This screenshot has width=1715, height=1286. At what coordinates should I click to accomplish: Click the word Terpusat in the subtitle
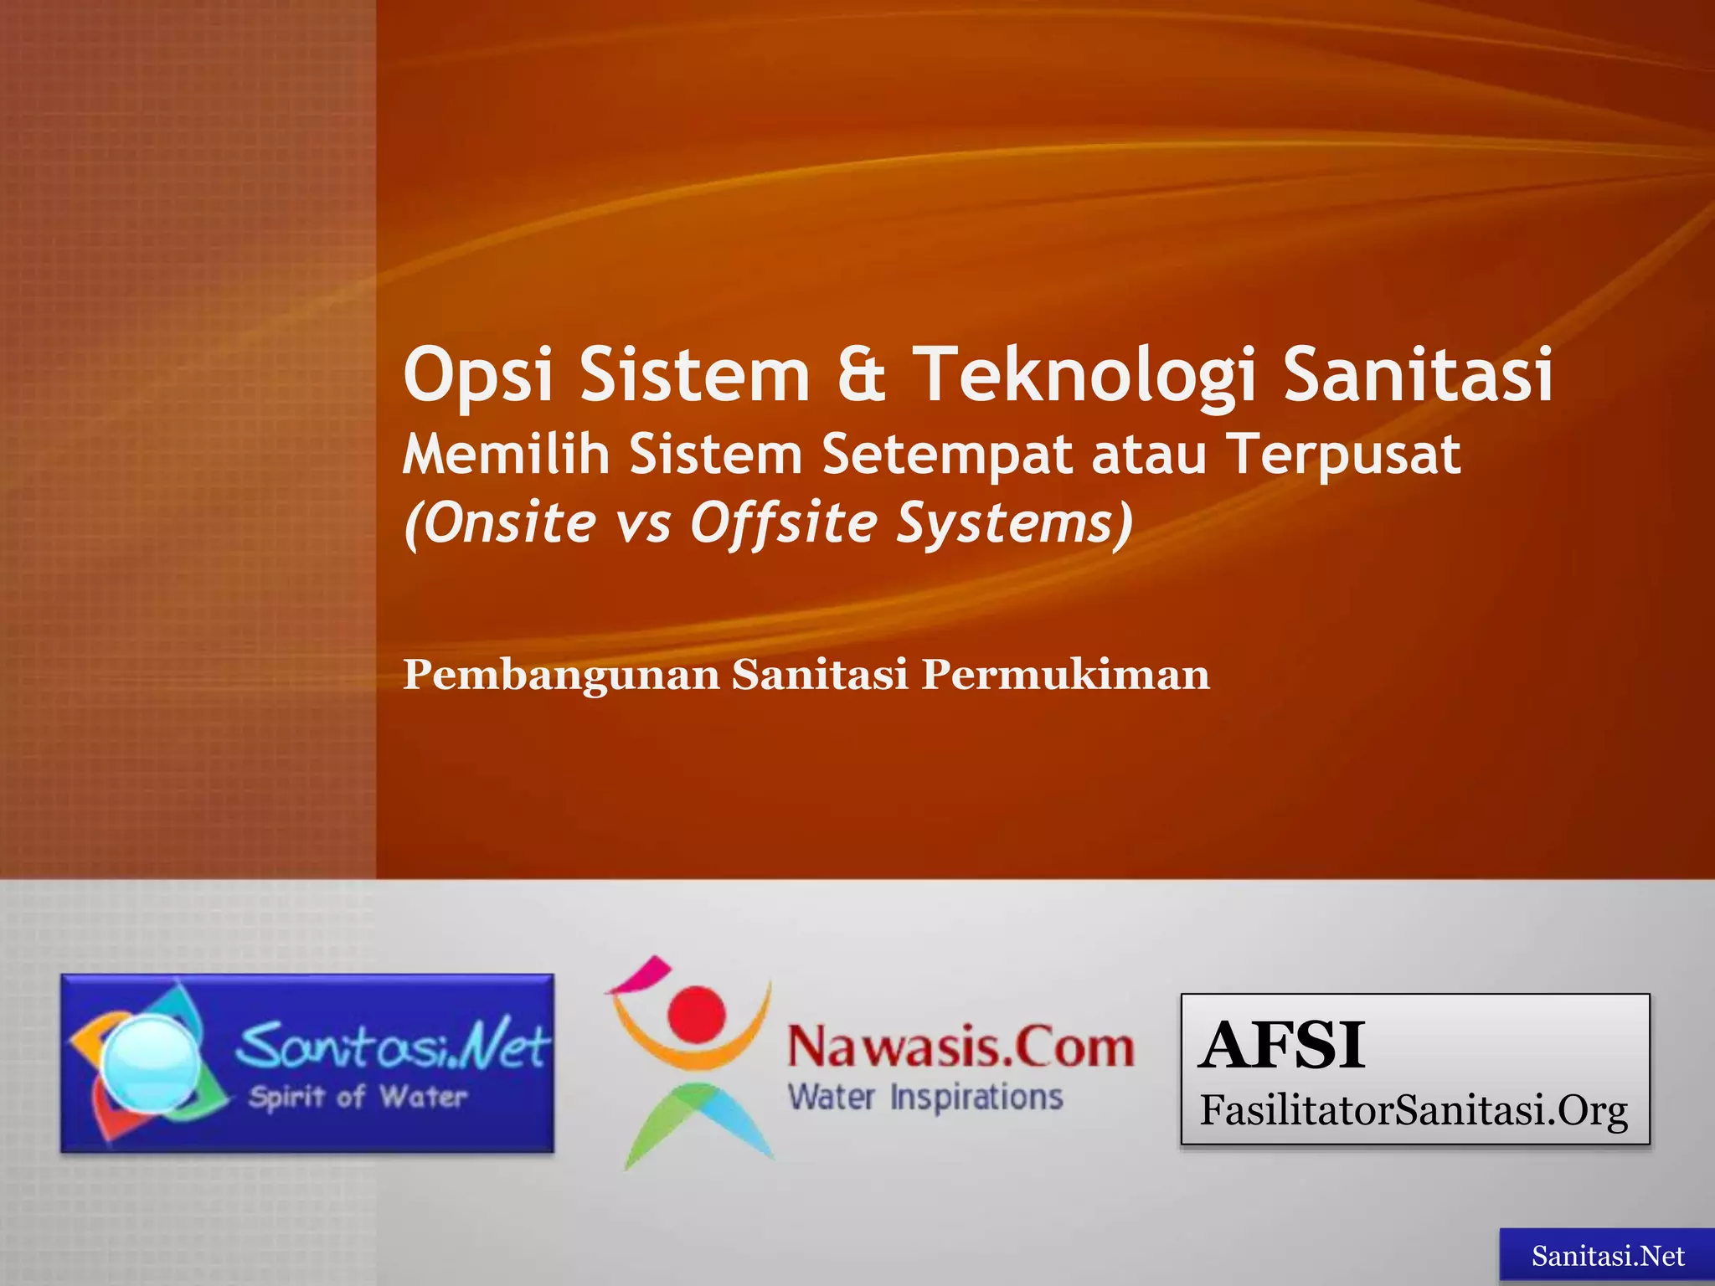[x=1345, y=456]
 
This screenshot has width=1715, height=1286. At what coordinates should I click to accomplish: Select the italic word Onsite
[x=501, y=523]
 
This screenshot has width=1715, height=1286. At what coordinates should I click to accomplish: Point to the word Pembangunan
[x=561, y=675]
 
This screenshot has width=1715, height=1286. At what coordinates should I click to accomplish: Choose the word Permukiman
[x=1065, y=675]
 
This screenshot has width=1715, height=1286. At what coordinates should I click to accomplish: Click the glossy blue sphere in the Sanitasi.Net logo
[x=150, y=1061]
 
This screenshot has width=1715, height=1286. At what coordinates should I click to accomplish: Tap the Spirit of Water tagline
[x=357, y=1098]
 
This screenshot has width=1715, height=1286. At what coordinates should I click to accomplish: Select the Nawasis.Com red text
[x=961, y=1048]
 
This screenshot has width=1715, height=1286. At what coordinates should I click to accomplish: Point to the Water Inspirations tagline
[x=925, y=1097]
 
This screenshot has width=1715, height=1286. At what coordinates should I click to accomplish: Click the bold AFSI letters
[x=1281, y=1046]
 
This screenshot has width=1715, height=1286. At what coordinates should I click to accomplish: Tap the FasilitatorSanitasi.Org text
[x=1414, y=1111]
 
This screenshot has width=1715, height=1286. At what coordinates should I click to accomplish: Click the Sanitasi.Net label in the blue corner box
[x=1607, y=1256]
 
